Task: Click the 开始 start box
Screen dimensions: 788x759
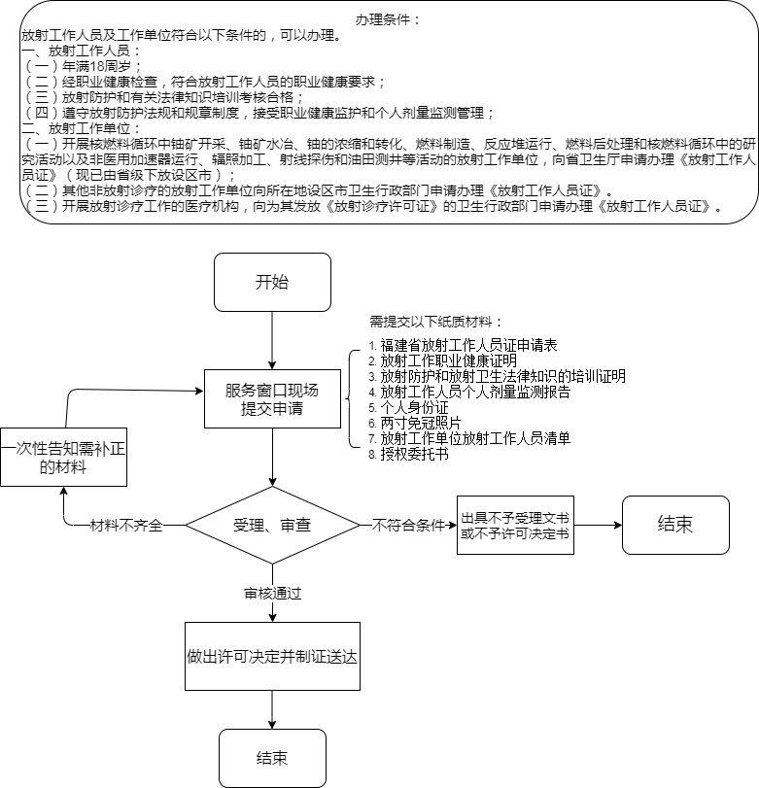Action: coord(272,283)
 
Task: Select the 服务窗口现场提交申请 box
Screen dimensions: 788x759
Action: coord(272,398)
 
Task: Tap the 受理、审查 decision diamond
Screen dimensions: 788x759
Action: coord(272,525)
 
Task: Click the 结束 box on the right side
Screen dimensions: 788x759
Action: coord(674,525)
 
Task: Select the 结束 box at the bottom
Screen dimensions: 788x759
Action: coord(272,758)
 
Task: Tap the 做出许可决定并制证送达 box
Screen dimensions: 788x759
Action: coord(272,656)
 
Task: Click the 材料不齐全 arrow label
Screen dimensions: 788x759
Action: coord(126,525)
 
